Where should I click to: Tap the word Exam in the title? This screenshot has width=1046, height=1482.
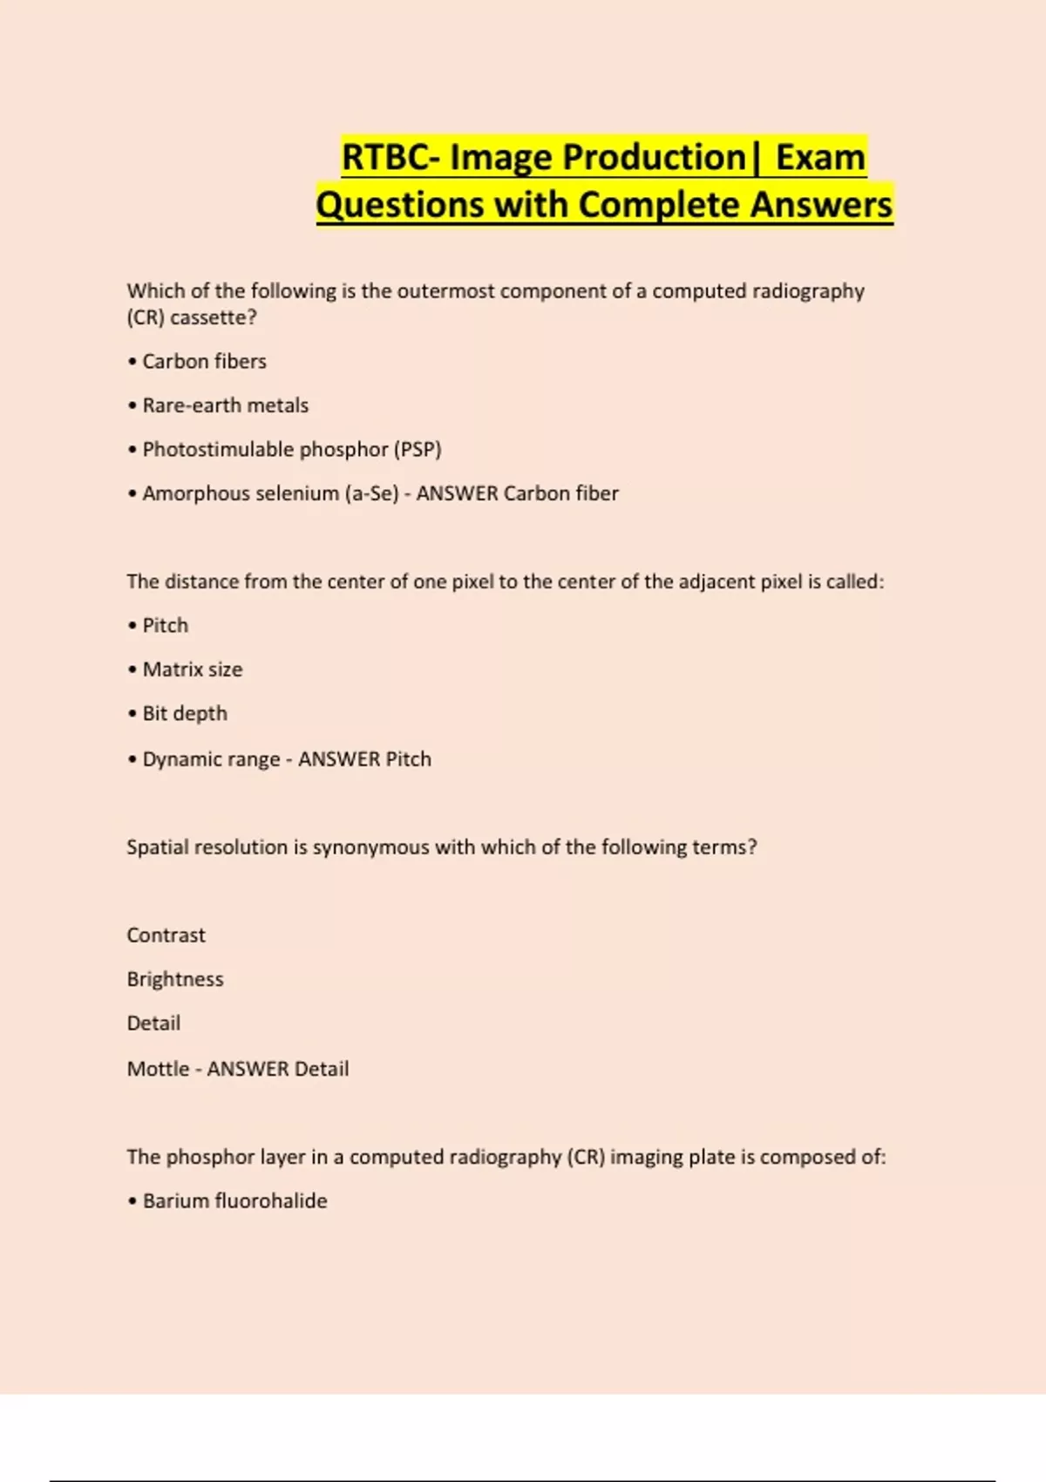click(820, 158)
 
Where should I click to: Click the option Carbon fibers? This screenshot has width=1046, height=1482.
click(204, 361)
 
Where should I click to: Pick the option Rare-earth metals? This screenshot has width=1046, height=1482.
click(225, 405)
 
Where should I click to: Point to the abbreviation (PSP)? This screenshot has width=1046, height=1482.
click(418, 449)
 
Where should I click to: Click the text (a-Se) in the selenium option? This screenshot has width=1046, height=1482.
click(371, 493)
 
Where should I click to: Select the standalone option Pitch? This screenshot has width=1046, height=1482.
click(165, 625)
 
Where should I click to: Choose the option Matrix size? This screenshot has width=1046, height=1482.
click(193, 670)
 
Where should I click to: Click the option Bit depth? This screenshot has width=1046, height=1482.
click(185, 713)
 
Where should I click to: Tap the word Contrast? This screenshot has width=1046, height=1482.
click(166, 935)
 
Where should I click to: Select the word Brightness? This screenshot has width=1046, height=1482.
click(175, 979)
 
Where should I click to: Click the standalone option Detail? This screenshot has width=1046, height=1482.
click(153, 1023)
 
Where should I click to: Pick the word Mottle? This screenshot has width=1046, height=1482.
click(158, 1069)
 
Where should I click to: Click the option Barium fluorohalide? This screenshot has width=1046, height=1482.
click(234, 1200)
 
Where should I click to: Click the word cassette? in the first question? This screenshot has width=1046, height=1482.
click(214, 317)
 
